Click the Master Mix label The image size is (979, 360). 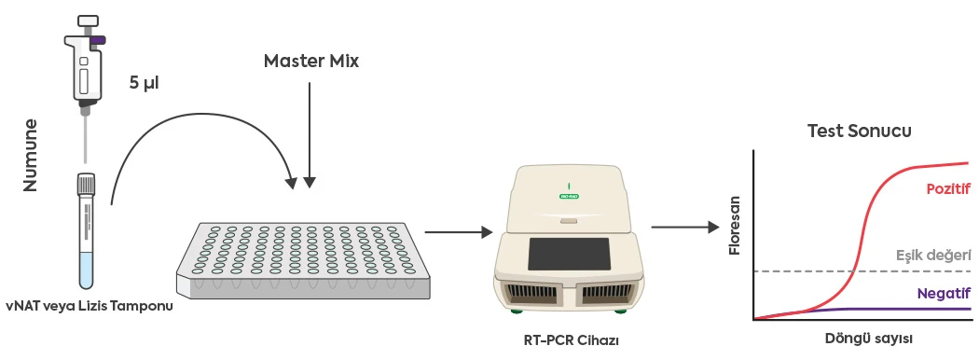tap(310, 62)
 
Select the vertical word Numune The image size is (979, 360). tap(31, 154)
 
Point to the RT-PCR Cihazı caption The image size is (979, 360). tap(572, 339)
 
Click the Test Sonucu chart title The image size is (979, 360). tap(859, 131)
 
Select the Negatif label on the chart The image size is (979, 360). tap(944, 292)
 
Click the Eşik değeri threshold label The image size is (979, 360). tap(933, 254)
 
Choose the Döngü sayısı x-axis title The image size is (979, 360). tap(868, 337)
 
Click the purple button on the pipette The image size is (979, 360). tap(97, 39)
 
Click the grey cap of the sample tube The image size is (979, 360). tap(87, 182)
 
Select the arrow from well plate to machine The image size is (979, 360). tap(457, 230)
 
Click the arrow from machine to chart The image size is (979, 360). tap(684, 226)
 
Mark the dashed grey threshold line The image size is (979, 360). tap(811, 271)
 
